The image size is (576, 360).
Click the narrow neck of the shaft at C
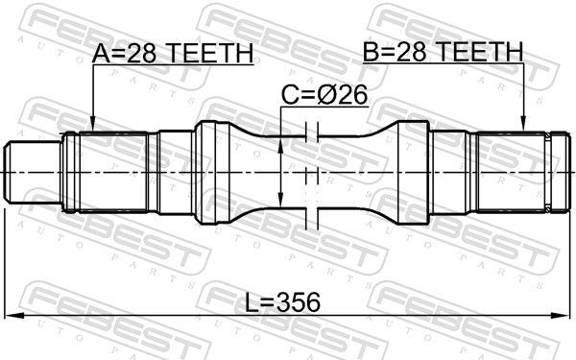307,172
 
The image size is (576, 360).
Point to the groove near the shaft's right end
550,172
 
